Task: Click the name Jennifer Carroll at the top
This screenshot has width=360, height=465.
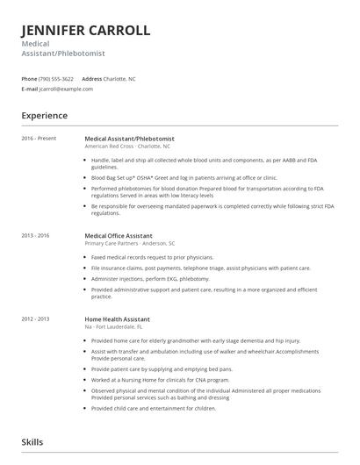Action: [85, 30]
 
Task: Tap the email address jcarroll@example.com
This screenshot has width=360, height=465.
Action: [63, 89]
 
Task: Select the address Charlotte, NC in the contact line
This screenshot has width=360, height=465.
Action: [119, 78]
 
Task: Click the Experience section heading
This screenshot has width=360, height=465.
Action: [44, 115]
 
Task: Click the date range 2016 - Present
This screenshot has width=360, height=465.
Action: [39, 138]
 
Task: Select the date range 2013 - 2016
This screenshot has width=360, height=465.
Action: [36, 236]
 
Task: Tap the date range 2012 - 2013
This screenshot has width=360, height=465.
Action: [36, 318]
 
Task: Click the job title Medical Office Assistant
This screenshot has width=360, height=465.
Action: [118, 236]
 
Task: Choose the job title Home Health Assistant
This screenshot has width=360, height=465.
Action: [117, 318]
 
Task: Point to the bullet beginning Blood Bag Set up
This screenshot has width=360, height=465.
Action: [172, 176]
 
